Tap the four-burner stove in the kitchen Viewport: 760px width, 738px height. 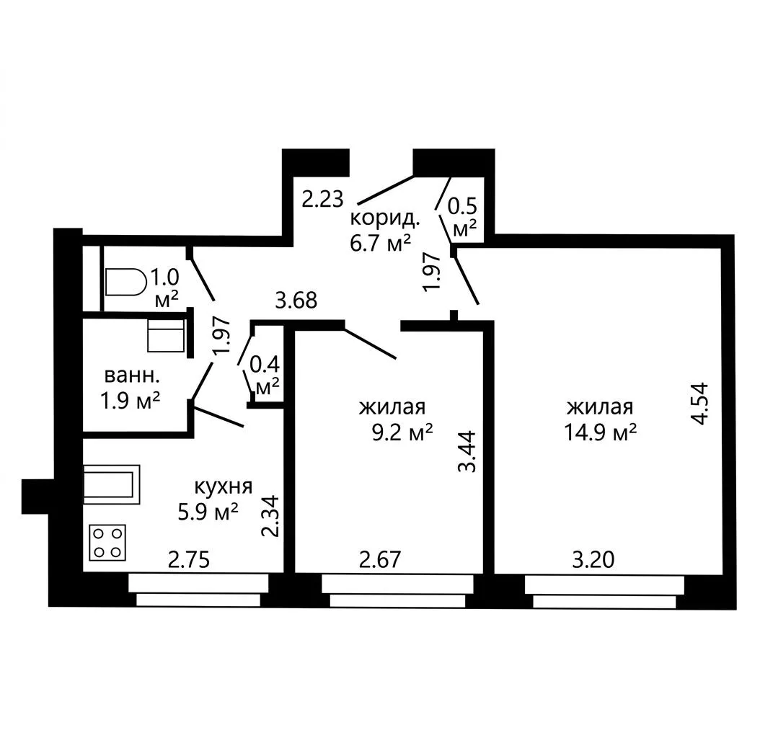(107, 542)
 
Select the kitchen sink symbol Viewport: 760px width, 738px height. (112, 484)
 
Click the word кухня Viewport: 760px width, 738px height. (224, 486)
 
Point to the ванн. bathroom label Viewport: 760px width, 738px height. (131, 375)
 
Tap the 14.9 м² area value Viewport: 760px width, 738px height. (600, 432)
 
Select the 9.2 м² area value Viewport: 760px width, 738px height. (402, 432)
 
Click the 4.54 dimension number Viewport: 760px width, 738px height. (700, 404)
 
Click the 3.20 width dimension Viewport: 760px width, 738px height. (593, 560)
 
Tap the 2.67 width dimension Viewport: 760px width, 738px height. (380, 560)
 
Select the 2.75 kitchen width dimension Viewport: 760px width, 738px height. (189, 560)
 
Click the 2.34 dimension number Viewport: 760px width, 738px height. (270, 515)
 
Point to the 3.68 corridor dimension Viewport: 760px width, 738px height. (296, 301)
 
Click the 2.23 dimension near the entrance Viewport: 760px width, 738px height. (323, 199)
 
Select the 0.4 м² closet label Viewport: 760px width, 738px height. (265, 375)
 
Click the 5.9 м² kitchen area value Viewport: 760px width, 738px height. (208, 512)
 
